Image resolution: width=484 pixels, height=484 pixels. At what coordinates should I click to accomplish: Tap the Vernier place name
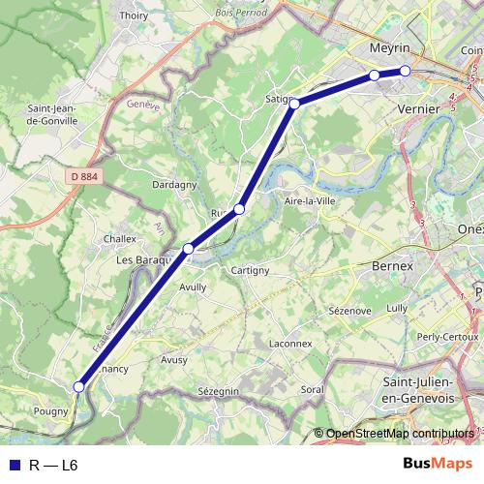coord(419,109)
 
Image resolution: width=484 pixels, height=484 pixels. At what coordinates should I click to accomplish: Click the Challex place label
coord(119,237)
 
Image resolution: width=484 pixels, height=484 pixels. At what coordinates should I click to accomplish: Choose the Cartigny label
coord(250,270)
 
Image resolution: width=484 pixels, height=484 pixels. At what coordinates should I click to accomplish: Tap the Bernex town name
coord(392,264)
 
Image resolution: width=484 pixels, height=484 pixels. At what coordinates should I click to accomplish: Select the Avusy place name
coord(174,358)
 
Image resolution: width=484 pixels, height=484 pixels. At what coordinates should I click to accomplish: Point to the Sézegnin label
coord(218,391)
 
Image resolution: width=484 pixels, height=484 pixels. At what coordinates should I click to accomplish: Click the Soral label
coord(312,389)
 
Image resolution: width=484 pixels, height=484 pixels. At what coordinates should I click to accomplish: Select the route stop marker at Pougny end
coord(79,387)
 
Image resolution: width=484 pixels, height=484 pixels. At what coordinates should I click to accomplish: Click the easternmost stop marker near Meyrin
coord(406,71)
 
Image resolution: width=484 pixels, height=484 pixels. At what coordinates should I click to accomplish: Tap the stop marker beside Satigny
coord(293,103)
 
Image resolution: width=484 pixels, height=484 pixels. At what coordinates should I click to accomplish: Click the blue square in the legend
coord(15,465)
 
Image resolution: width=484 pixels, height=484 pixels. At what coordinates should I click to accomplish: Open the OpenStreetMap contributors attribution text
coord(400,434)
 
